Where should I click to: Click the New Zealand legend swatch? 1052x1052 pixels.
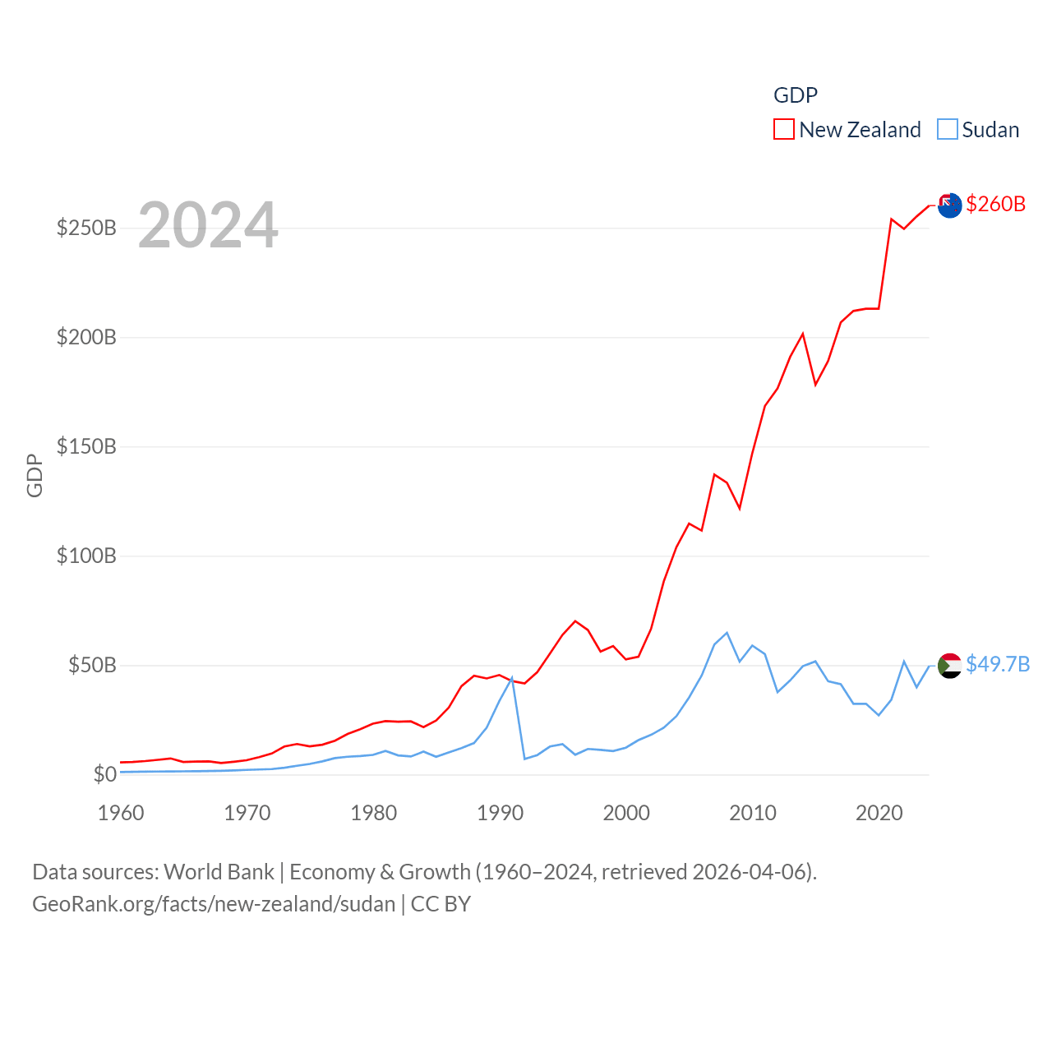(784, 130)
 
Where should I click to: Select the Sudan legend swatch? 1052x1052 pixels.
(948, 130)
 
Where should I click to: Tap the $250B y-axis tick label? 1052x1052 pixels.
(86, 228)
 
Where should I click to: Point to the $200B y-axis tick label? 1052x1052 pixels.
(86, 337)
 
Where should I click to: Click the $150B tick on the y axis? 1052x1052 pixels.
(86, 446)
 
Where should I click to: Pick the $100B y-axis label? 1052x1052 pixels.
(86, 556)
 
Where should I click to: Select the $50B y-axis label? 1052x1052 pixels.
(92, 665)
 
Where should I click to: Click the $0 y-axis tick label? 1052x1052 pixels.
(104, 774)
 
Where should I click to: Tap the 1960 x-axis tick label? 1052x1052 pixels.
(121, 813)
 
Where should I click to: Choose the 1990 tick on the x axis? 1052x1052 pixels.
(500, 813)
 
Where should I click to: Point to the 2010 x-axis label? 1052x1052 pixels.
(753, 813)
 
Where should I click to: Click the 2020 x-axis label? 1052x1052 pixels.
(879, 813)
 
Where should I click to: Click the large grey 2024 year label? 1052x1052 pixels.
(208, 225)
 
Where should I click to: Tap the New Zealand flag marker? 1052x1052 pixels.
(949, 205)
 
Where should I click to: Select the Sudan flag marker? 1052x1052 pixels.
(949, 665)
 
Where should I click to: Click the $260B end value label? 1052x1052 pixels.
(995, 204)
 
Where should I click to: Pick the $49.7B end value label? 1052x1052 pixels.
(998, 664)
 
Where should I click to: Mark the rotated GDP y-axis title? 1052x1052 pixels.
(35, 475)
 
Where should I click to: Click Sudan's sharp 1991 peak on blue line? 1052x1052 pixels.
(512, 678)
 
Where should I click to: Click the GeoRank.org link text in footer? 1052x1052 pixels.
(214, 904)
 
